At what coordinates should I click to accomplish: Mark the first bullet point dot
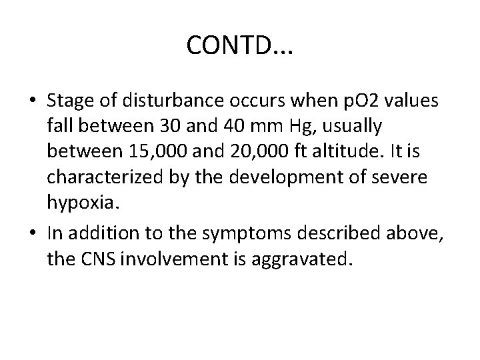[x=33, y=101]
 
